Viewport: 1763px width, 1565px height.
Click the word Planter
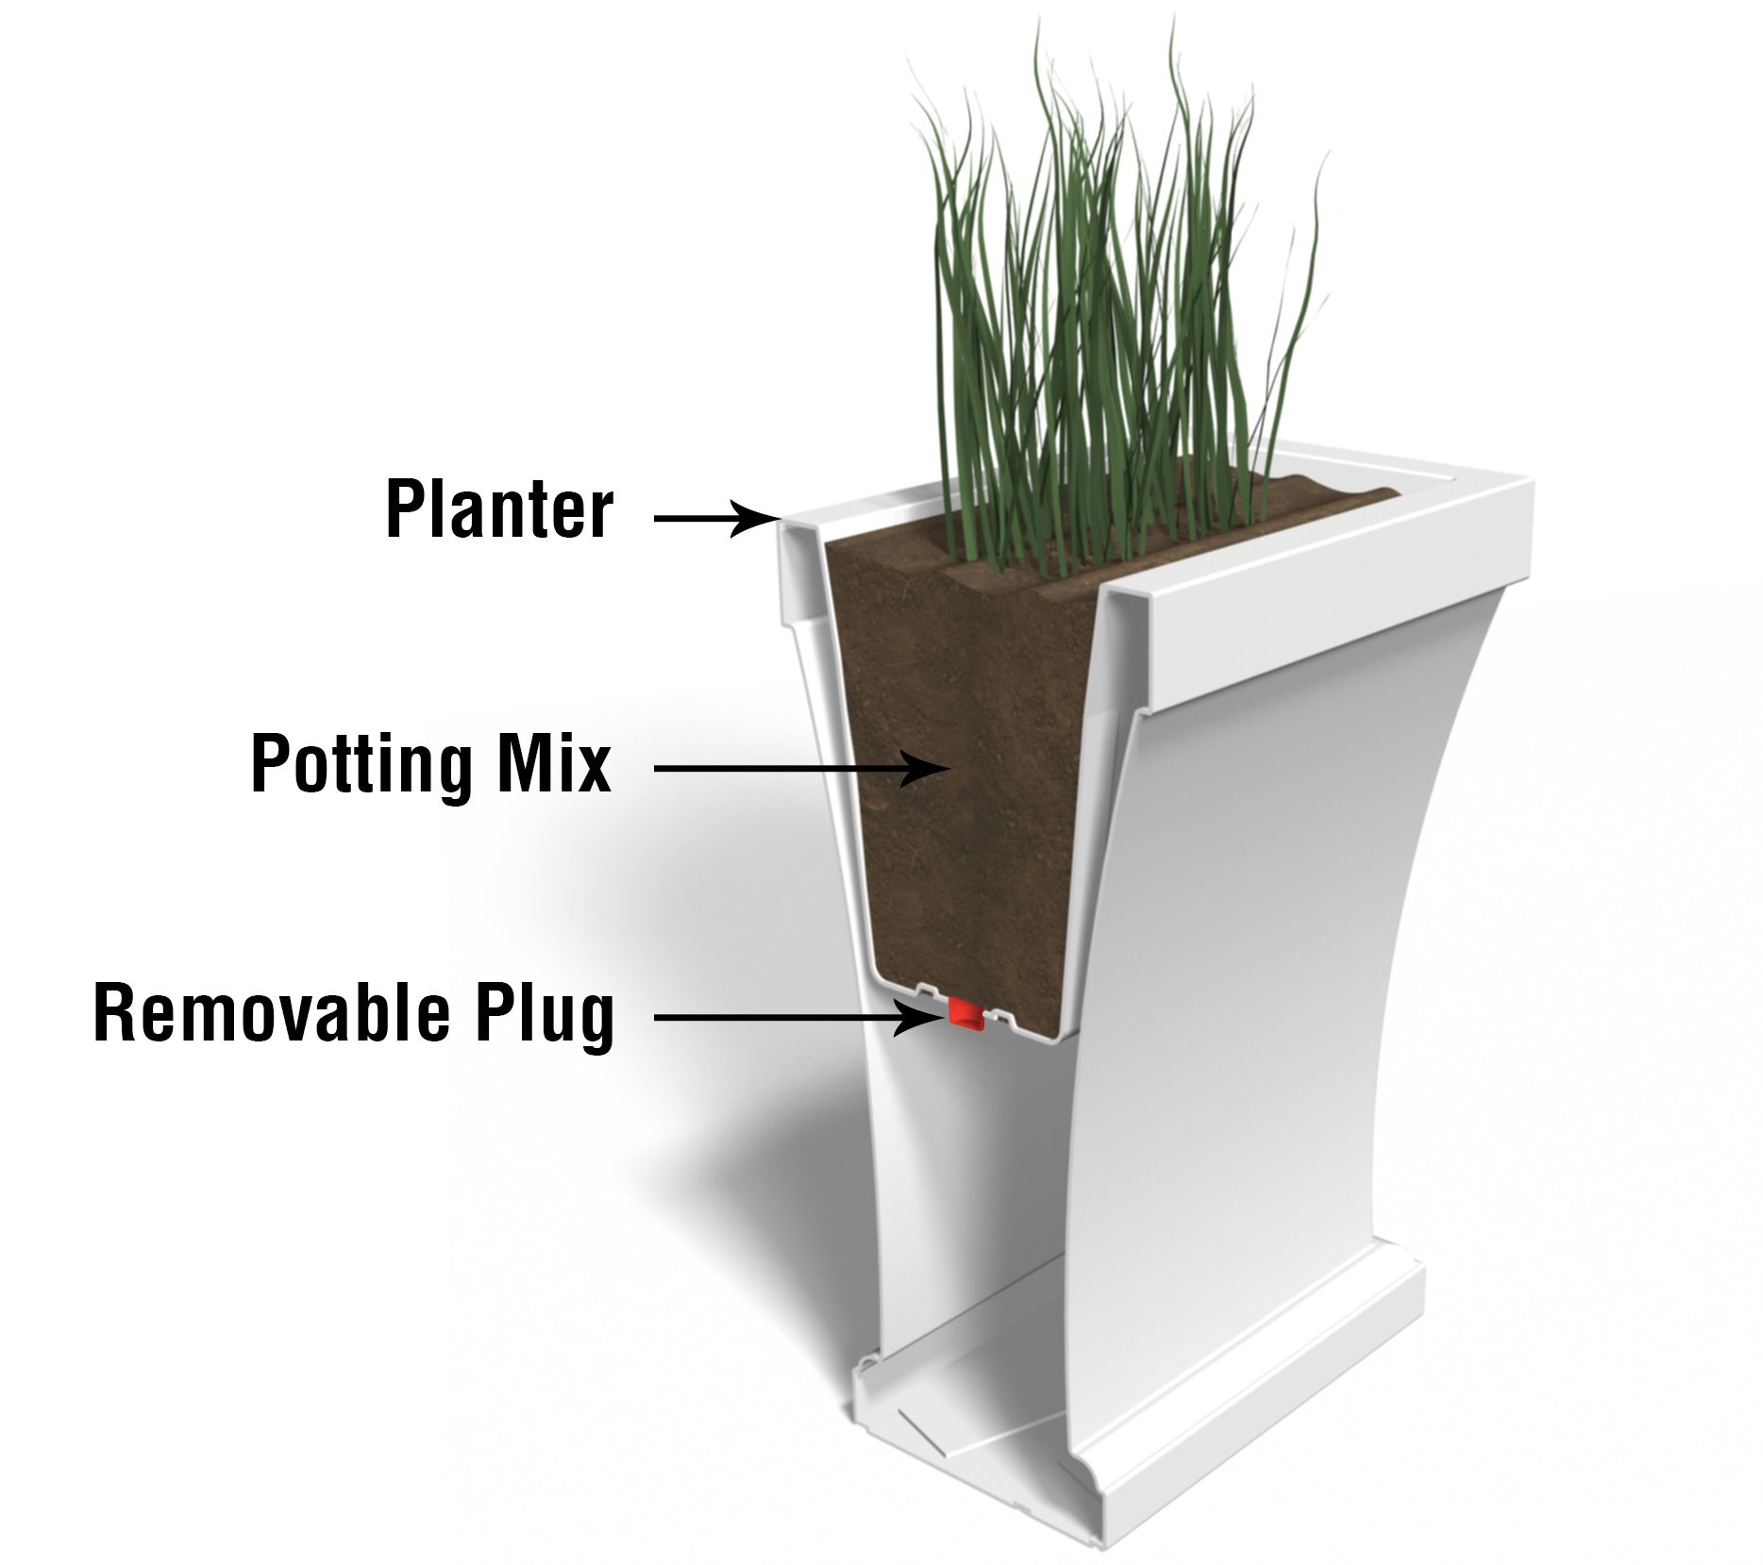pos(499,509)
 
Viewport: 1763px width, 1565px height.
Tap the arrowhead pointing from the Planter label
pos(761,518)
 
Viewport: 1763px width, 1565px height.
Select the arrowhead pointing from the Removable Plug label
pos(930,1018)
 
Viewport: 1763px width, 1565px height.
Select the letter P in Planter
pos(404,509)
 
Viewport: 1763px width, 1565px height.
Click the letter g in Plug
pos(595,1021)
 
